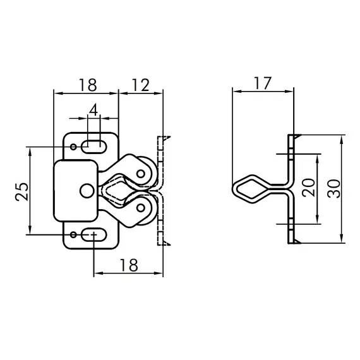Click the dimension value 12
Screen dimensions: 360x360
pyautogui.click(x=140, y=84)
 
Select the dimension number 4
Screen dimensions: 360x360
pyautogui.click(x=93, y=109)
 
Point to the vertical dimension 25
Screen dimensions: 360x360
pyautogui.click(x=20, y=191)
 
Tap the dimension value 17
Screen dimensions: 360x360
pyautogui.click(x=263, y=82)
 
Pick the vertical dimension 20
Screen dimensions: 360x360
pyautogui.click(x=308, y=188)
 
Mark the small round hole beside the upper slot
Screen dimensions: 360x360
pyautogui.click(x=75, y=147)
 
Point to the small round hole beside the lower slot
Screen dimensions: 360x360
pyautogui.click(x=75, y=235)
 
